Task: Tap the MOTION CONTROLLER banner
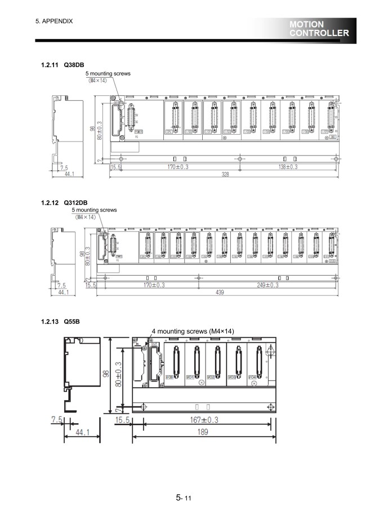[319, 29]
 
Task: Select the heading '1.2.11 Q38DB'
[63, 65]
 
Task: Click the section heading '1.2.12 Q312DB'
[64, 202]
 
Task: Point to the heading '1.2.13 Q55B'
[60, 322]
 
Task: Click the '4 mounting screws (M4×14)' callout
[193, 331]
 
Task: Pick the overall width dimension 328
[224, 175]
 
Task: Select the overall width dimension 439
[224, 293]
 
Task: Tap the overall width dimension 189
[203, 432]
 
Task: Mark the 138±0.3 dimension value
[288, 167]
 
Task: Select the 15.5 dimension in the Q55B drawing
[123, 420]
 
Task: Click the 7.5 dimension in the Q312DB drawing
[61, 285]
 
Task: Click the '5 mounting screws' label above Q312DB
[94, 210]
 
